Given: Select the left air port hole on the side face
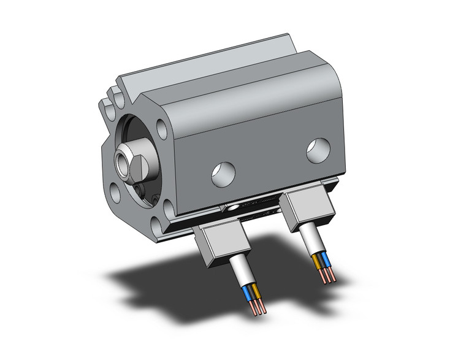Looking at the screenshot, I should [x=223, y=174].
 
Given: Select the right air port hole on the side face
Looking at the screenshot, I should [x=318, y=150].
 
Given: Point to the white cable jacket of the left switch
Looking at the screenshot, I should [x=243, y=276].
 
